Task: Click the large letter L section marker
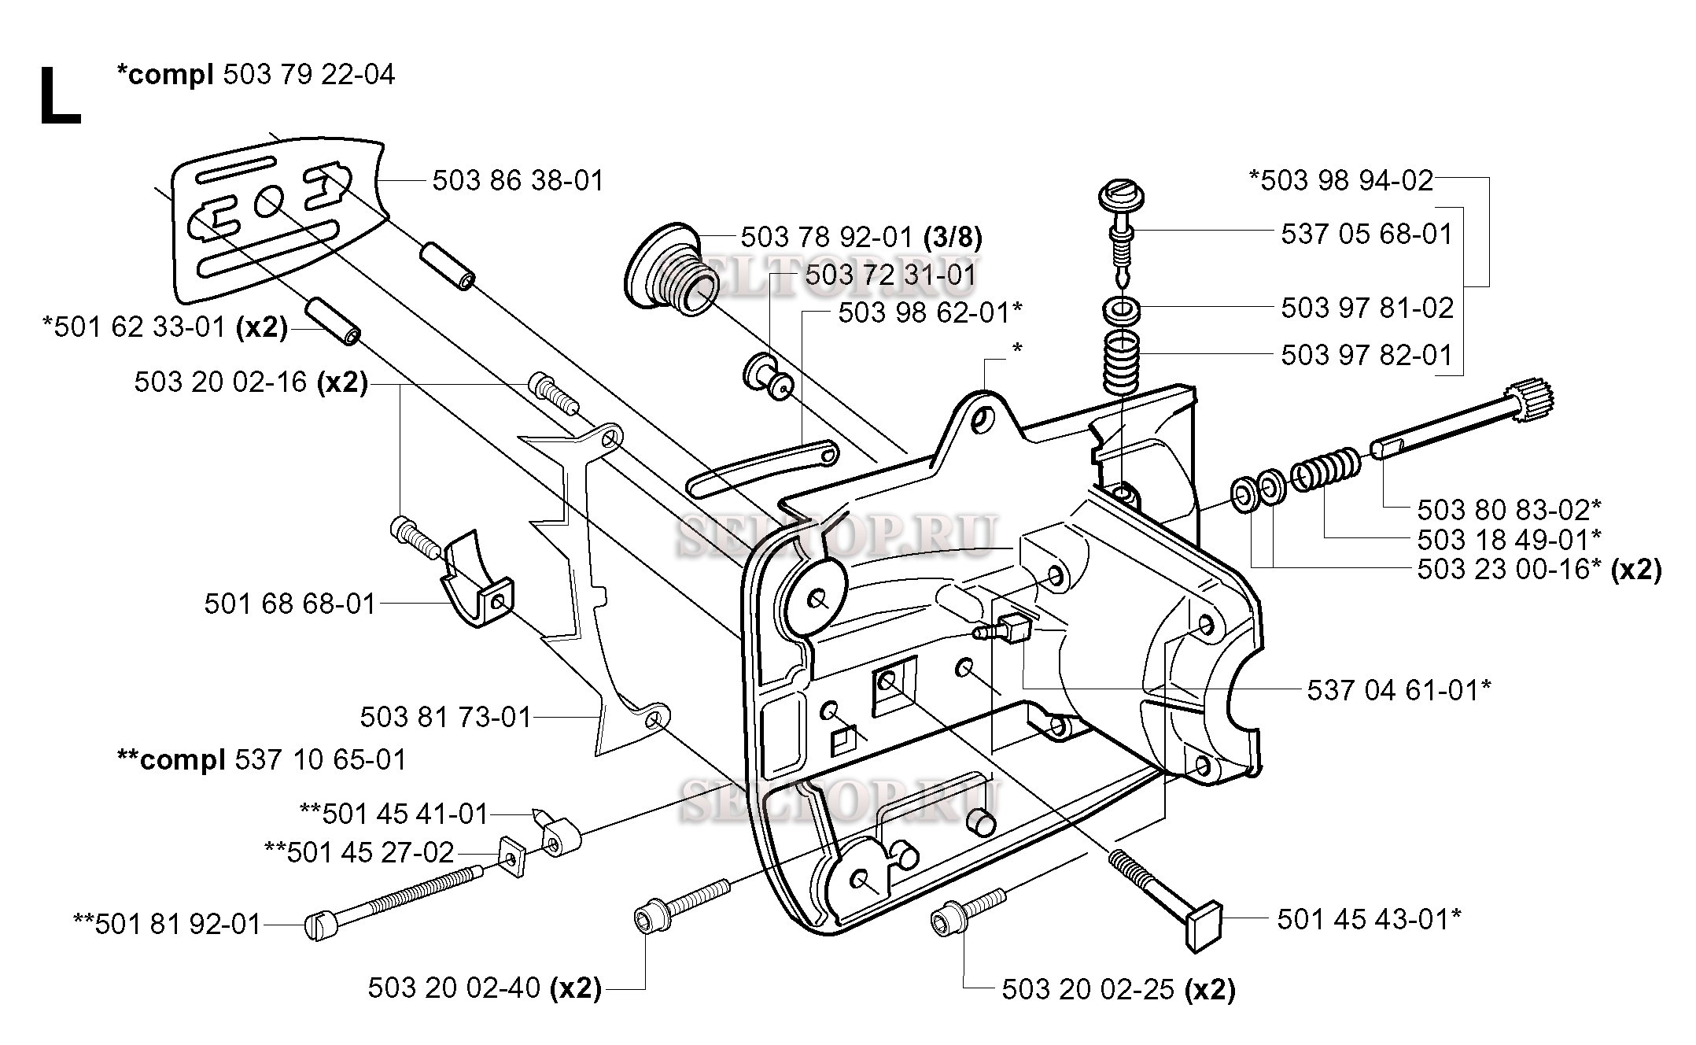(60, 96)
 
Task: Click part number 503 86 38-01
(518, 181)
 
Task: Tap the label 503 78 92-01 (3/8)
(861, 237)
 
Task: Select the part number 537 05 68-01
(1366, 234)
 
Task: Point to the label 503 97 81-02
(1367, 308)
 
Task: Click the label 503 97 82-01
(1366, 355)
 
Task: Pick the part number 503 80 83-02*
(1509, 510)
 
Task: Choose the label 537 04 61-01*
(1399, 690)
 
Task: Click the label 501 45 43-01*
(1369, 919)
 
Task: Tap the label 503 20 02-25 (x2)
(1118, 990)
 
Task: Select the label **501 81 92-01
(167, 924)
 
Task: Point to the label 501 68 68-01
(289, 604)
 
